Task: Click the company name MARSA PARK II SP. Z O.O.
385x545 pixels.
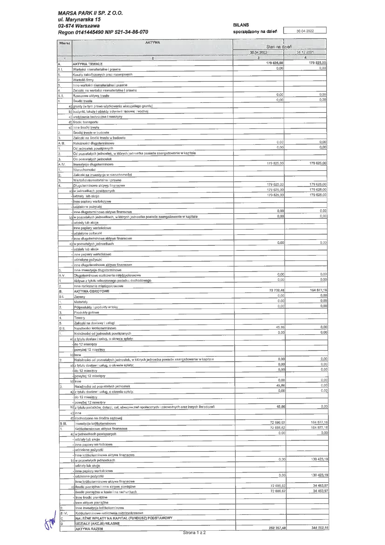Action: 90,13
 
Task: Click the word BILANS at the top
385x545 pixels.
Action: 241,25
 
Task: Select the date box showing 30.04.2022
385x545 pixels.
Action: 305,31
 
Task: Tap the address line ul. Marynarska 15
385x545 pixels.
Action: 79,19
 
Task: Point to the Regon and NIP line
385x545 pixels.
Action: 103,32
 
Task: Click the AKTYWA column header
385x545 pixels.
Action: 152,43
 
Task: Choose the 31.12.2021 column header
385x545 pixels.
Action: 305,53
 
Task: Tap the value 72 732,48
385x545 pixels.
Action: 275,290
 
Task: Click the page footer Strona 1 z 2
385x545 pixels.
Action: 194,533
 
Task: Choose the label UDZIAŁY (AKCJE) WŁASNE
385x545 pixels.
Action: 97,523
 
